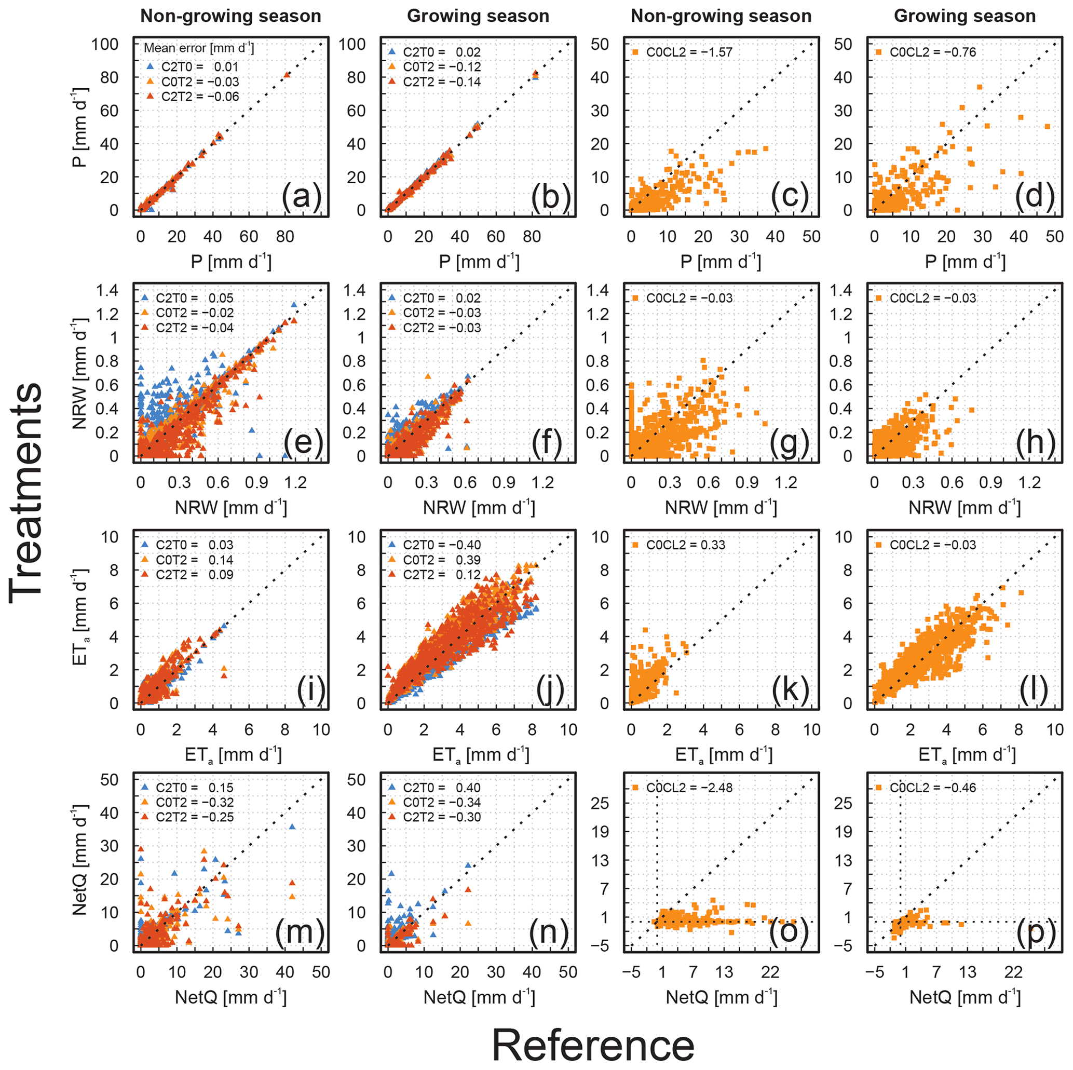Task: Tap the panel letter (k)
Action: [790, 690]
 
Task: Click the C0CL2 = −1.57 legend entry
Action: [683, 52]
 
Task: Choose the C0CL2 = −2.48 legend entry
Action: [683, 787]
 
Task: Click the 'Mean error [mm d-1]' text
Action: [199, 48]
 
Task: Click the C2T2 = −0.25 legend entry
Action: [188, 817]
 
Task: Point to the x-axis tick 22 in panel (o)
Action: [770, 972]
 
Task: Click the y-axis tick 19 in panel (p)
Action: [843, 832]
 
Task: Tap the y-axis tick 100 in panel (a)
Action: [105, 44]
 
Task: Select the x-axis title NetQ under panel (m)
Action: [230, 997]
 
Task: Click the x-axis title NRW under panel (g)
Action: [721, 507]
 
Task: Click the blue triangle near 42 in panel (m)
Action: [292, 827]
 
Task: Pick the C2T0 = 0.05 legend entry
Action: [188, 299]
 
